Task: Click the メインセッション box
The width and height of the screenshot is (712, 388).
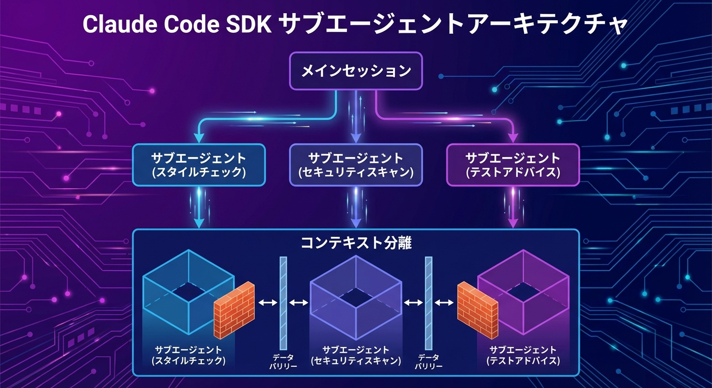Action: tap(355, 71)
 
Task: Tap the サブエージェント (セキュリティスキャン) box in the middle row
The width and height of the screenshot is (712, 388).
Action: tap(355, 165)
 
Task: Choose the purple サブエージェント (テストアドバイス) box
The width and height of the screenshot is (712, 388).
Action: tap(512, 165)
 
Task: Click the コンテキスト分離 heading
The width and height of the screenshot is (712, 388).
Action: tap(355, 244)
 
